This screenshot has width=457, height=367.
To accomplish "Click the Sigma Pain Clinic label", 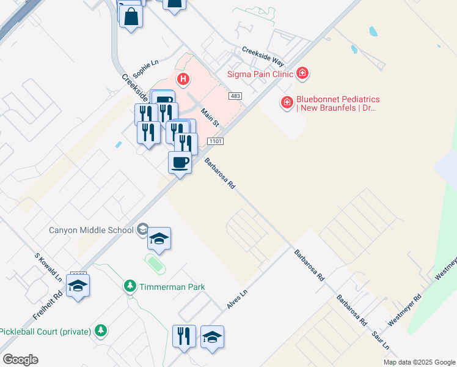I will [x=260, y=75].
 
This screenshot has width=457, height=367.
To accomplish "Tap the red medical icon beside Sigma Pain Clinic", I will [x=302, y=74].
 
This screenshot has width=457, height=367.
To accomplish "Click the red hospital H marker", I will [x=183, y=79].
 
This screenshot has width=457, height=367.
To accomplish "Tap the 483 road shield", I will [x=235, y=96].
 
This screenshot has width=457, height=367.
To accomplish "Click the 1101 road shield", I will [x=215, y=141].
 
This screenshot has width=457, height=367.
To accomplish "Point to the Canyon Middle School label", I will [x=91, y=231].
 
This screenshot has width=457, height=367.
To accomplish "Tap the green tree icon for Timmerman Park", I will [x=130, y=286].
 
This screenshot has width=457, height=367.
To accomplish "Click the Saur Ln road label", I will [x=381, y=341].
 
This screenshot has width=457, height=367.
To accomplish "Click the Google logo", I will [x=20, y=360].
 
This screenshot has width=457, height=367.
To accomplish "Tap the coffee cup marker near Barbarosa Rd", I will [x=180, y=163].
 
